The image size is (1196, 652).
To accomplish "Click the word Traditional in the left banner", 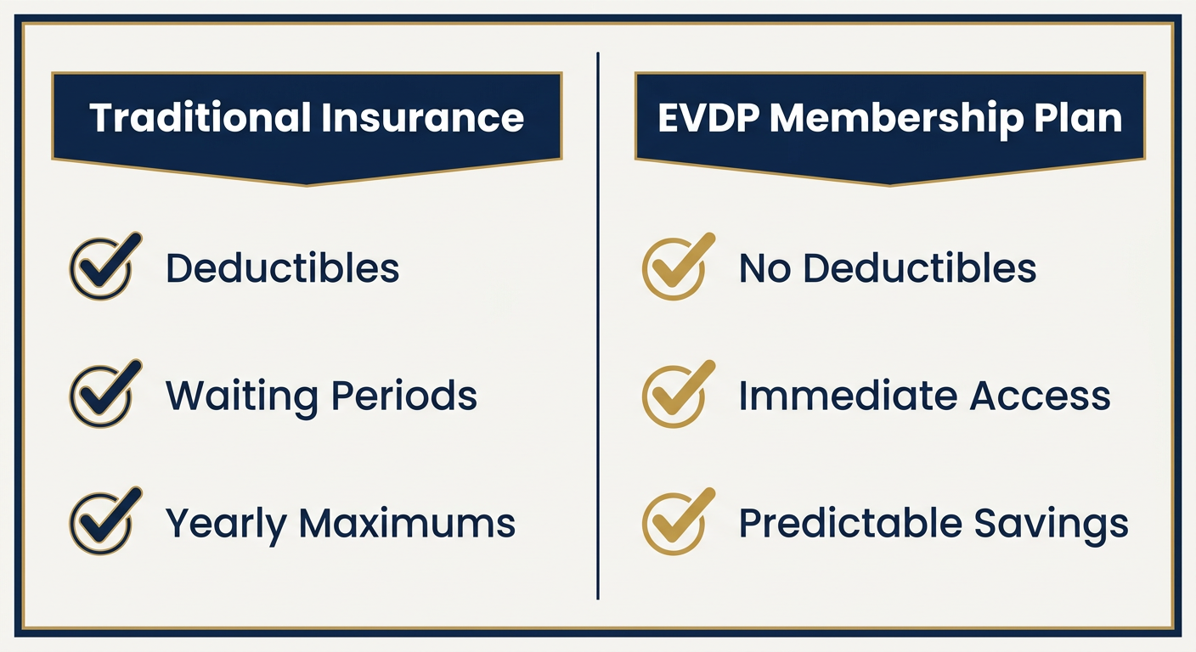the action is click(200, 117).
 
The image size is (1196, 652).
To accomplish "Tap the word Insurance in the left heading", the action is click(422, 117).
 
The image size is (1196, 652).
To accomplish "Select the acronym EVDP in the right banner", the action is click(708, 117).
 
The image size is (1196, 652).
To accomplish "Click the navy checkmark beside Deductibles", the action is click(105, 266).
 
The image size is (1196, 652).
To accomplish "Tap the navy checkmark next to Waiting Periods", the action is click(105, 394).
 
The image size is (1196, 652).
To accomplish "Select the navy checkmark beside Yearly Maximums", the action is click(105, 521).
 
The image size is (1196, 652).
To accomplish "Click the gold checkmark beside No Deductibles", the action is click(678, 266).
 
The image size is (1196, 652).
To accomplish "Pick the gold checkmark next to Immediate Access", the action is click(678, 394).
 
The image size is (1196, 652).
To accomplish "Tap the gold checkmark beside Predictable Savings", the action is click(678, 521).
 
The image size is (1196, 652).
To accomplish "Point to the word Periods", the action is click(404, 395).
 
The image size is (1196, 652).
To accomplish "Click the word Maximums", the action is click(408, 523).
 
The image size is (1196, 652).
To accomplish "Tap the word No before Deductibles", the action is click(764, 267).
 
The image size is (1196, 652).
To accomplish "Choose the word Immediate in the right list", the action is click(849, 396).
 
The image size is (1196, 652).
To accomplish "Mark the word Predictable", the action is click(850, 523).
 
